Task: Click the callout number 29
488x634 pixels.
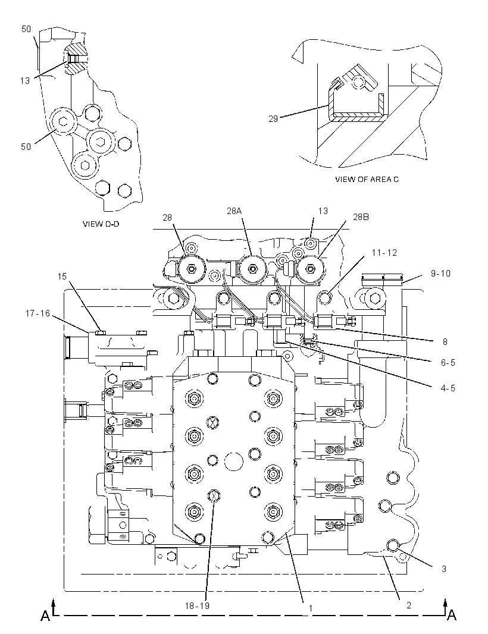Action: (x=273, y=119)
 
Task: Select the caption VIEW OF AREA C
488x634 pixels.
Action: (x=367, y=179)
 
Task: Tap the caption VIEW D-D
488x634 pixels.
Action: (x=101, y=224)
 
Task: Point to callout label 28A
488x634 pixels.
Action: (x=234, y=211)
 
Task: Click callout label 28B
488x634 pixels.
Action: (x=361, y=216)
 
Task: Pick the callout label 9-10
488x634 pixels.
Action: (x=440, y=274)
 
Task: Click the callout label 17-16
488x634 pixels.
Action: (x=37, y=313)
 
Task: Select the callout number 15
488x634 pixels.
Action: (x=62, y=276)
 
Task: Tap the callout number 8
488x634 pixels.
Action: (x=445, y=341)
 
